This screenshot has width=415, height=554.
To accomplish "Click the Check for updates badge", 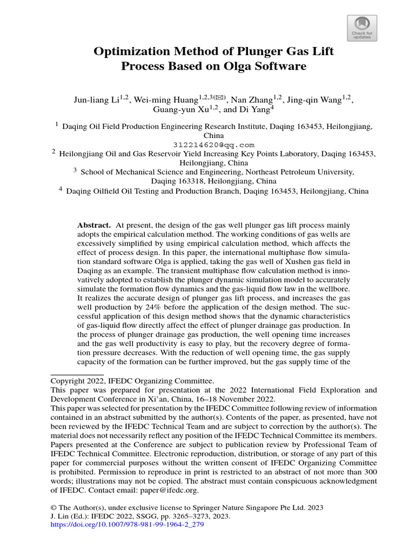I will point(362,28).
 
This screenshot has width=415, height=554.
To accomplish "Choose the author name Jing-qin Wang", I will point(313,100).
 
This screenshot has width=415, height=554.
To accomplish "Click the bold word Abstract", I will point(94,225).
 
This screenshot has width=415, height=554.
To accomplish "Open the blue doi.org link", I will point(127,525).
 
